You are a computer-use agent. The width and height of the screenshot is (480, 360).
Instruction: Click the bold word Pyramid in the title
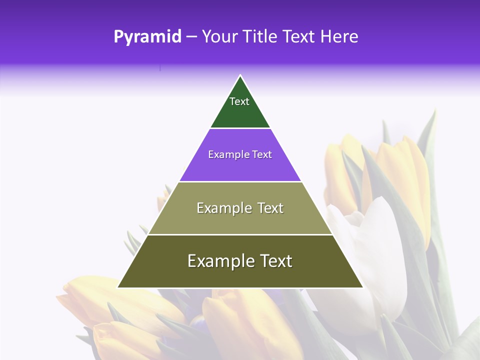(147, 37)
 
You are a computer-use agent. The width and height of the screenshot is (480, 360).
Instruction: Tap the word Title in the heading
(260, 37)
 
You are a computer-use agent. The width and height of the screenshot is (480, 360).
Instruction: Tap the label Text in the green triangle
(239, 101)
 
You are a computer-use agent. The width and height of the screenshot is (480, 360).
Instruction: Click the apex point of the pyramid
(240, 75)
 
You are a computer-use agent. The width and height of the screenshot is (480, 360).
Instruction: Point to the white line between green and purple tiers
(240, 128)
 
